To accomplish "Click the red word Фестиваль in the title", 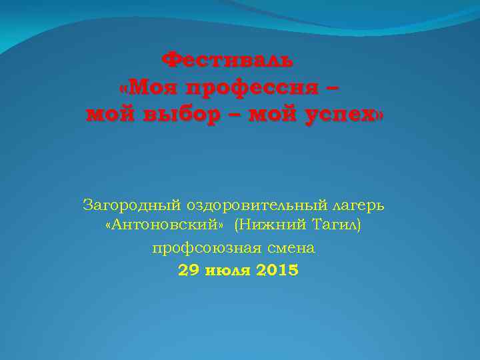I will coord(227,61).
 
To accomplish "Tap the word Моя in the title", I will coord(153,87).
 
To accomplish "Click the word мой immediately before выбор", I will coord(111,115).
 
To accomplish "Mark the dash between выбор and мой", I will coord(234,115).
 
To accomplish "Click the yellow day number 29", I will coord(189,271).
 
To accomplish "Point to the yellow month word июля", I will coord(227,271).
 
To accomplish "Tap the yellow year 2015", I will coord(277,271).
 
